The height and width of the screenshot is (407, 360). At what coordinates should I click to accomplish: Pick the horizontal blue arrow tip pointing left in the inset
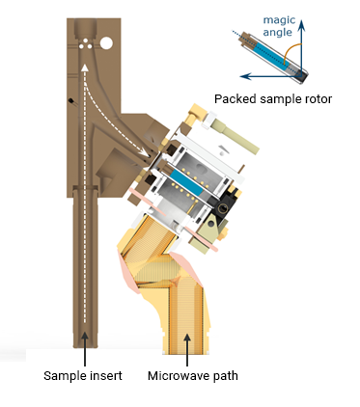coord(245,74)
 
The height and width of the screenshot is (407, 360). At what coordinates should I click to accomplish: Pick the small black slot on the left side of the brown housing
coord(71,102)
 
